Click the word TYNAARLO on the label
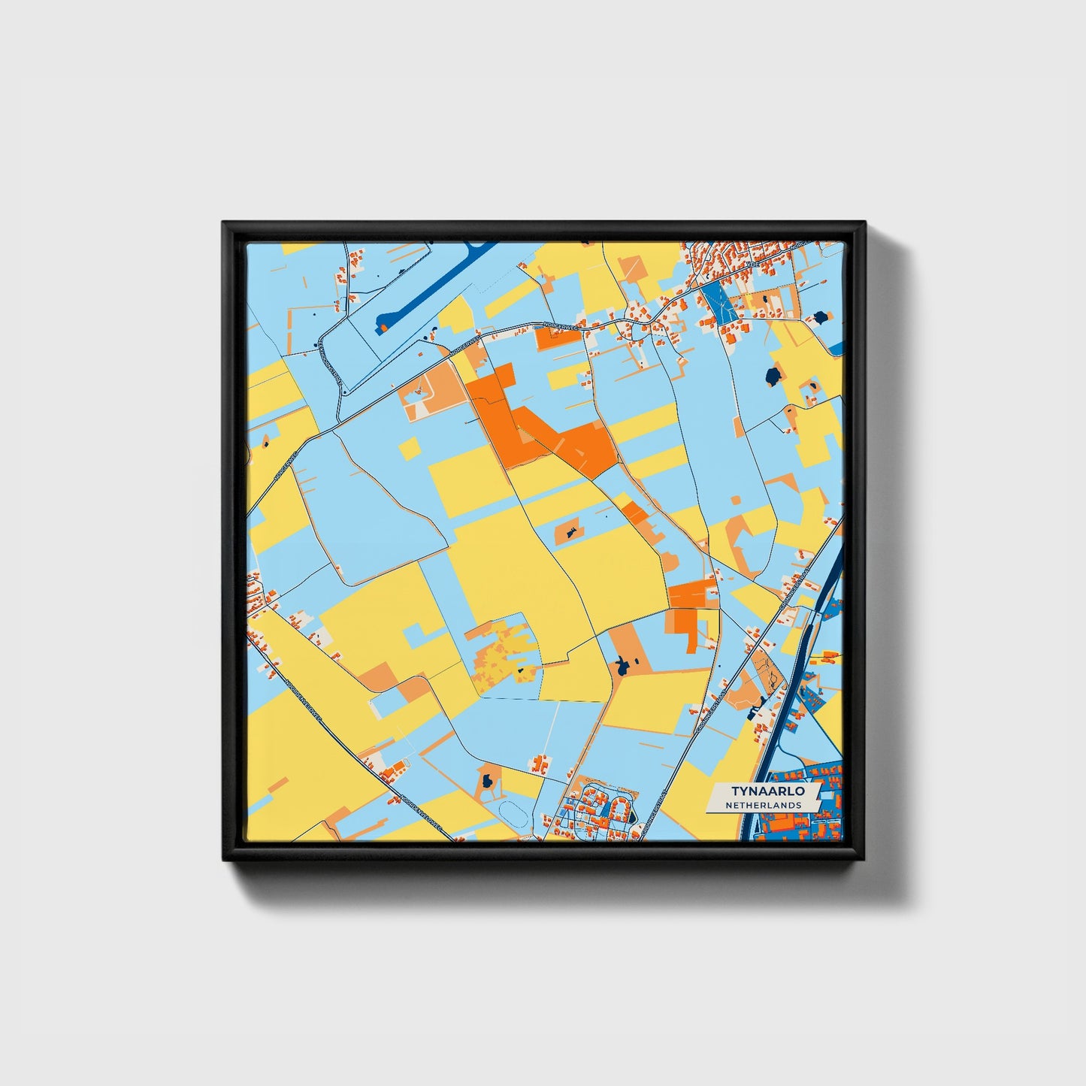763,791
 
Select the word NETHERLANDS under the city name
763,805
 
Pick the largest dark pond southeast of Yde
773,375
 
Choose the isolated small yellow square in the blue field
410,448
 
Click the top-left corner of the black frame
225,224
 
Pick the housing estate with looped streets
597,808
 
